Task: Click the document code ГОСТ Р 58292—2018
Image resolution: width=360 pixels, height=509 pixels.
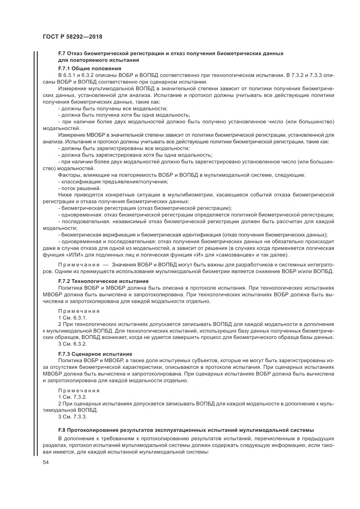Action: coord(72,37)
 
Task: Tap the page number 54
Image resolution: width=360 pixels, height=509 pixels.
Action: coord(46,463)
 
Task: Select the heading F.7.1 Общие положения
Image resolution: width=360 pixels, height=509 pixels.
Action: coord(89,68)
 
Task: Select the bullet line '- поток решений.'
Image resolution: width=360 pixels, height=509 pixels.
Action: coord(79,188)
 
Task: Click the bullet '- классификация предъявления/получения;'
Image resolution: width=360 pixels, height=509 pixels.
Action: coord(113,182)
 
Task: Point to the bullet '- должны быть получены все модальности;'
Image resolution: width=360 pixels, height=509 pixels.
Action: coord(113,109)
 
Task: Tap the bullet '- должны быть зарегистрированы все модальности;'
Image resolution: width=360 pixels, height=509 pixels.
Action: coord(124,148)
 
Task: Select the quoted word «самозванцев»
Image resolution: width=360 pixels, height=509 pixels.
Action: coord(231,255)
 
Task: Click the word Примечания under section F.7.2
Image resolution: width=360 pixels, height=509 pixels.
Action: coord(79,311)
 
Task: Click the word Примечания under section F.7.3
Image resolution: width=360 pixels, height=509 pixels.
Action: coord(79,391)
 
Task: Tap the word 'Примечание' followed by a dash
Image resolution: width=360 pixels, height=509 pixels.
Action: coord(79,265)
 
